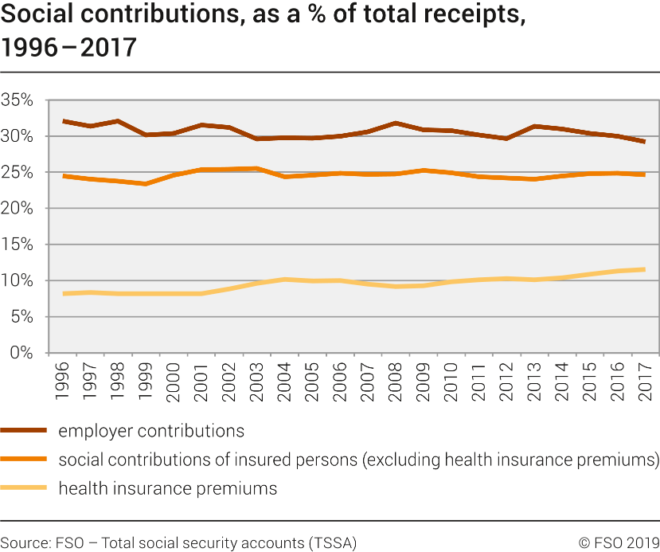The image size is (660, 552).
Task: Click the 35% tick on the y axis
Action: coord(17,101)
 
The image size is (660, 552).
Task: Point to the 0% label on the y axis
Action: coord(21,353)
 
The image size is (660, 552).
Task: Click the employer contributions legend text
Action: coord(151,431)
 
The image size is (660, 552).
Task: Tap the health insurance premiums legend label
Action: coord(168,488)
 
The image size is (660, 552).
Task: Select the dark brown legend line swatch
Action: coord(24,431)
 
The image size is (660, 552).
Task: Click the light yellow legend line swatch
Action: coord(24,488)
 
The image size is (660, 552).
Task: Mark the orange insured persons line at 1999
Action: coord(145,184)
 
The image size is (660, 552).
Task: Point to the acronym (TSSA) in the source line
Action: coord(334,542)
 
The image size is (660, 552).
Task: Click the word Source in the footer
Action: coord(23,542)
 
